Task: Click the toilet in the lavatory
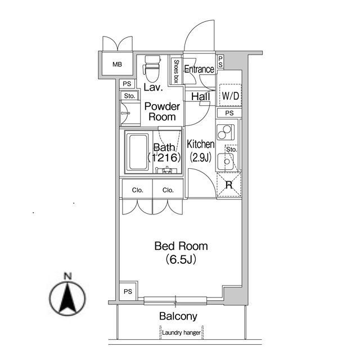[x=151, y=69]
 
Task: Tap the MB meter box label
[x=117, y=64]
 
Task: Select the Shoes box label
[x=176, y=71]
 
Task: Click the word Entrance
[x=199, y=69]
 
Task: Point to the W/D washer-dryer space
[x=230, y=96]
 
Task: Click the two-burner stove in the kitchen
[x=225, y=132]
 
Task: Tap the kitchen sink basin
[x=226, y=161]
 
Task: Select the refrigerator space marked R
[x=229, y=185]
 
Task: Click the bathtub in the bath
[x=138, y=152]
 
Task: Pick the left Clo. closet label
[x=137, y=190]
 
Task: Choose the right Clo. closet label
[x=168, y=190]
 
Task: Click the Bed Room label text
[x=181, y=246]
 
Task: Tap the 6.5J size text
[x=181, y=259]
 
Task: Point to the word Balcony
[x=178, y=316]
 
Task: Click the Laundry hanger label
[x=181, y=332]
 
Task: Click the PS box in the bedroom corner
[x=128, y=291]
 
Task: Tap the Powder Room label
[x=162, y=111]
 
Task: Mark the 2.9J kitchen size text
[x=200, y=157]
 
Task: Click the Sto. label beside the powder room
[x=129, y=96]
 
